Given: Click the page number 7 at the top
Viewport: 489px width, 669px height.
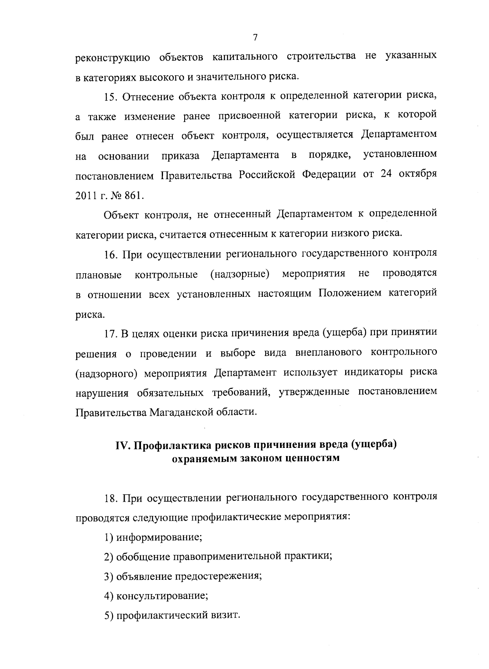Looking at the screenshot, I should pos(255,38).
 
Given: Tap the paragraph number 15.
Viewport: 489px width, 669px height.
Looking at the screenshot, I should pos(111,97).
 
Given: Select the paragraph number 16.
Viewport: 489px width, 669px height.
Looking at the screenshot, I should pos(111,255).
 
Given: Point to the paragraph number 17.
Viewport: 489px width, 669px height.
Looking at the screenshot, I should pos(111,333).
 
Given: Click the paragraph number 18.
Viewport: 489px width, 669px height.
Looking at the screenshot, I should pos(111,498).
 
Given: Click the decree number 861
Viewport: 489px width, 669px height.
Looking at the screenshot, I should pos(135,196).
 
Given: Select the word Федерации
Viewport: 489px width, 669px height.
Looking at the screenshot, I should pos(329,175).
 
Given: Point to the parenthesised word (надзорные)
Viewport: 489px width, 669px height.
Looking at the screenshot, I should pos(240,274).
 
